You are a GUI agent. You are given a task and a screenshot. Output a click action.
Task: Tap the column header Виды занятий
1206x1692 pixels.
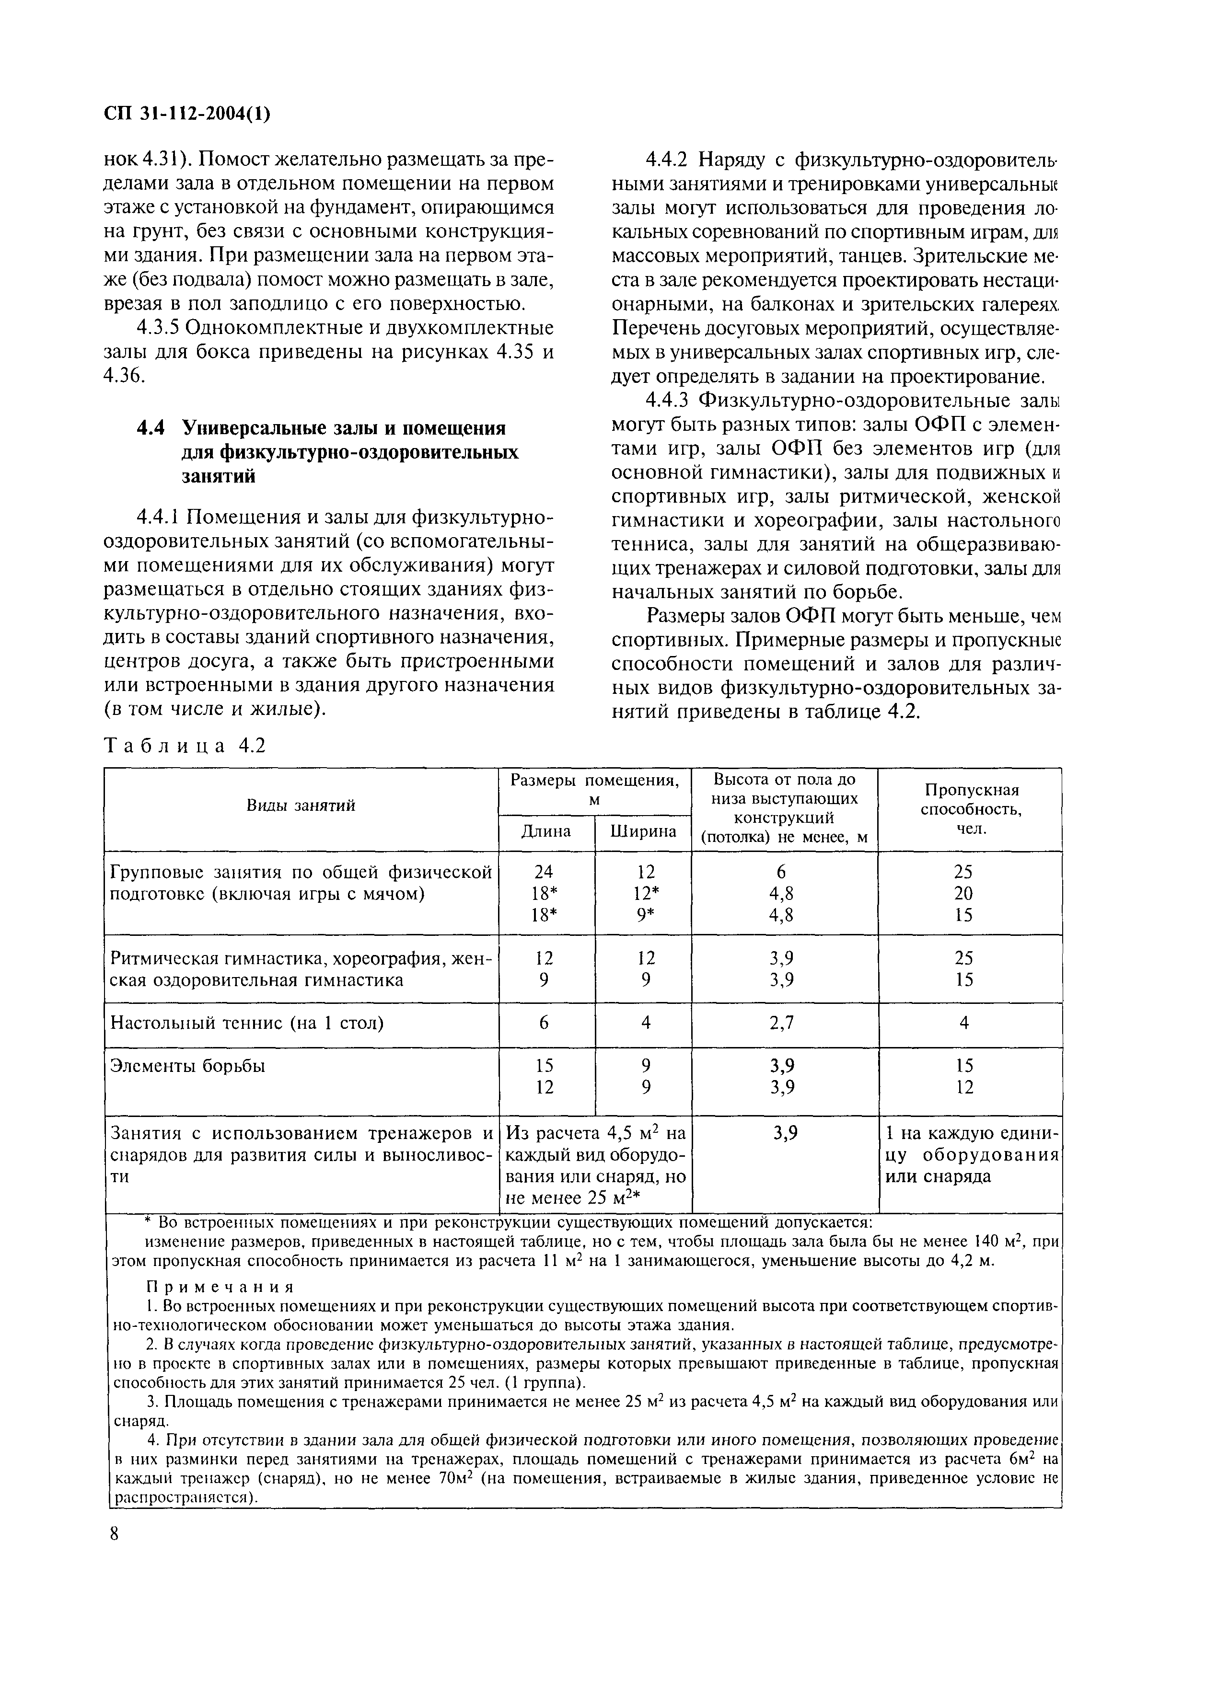point(301,806)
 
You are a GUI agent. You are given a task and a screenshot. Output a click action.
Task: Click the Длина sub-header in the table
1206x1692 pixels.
point(546,831)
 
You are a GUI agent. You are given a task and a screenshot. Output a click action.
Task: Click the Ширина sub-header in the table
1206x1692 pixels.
point(643,831)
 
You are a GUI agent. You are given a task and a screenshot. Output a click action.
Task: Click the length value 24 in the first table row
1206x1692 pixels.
point(545,872)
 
